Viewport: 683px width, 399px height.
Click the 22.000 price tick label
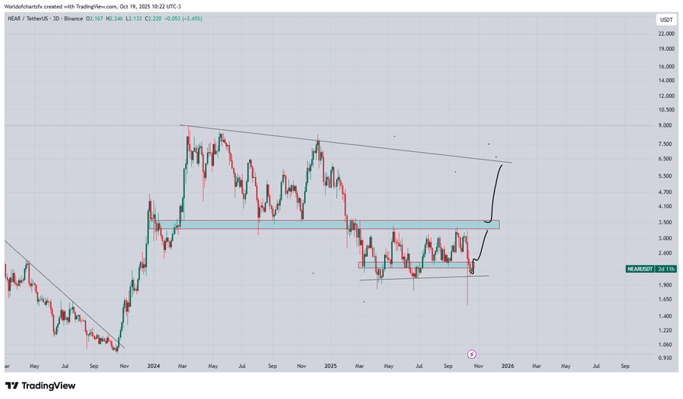point(666,33)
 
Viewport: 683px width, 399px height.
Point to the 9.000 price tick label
point(665,125)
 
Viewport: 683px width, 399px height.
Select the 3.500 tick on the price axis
point(665,222)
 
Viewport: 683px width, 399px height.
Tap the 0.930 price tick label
point(665,357)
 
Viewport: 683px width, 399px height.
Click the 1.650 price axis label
point(665,300)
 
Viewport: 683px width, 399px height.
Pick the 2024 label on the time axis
point(154,366)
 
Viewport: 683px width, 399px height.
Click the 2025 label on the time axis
point(330,366)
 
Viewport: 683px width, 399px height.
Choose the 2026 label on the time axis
point(507,366)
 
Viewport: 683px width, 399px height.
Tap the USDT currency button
point(665,19)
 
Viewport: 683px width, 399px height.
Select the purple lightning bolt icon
point(472,354)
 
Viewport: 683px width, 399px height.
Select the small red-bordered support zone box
point(414,265)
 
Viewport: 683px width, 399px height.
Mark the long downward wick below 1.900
point(467,293)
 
